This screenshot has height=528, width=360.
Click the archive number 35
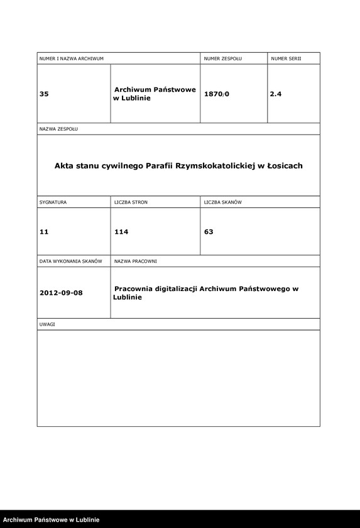pos(44,94)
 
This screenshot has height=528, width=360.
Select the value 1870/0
pos(217,94)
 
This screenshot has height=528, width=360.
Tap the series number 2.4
pos(276,94)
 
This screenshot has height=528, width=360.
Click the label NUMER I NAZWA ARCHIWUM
pos(71,58)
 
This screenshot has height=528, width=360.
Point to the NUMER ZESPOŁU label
pos(222,58)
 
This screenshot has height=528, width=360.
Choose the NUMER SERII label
pos(286,58)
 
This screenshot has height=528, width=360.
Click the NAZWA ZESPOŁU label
pos(58,129)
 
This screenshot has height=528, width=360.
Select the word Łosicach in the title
pos(285,166)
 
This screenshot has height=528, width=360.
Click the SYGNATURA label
pos(53,203)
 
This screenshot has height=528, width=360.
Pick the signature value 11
pos(44,232)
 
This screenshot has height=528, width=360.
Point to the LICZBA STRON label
pos(131,203)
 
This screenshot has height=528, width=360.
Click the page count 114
pos(121,232)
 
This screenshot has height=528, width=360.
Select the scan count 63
pos(209,232)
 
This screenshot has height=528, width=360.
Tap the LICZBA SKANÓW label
pos(222,203)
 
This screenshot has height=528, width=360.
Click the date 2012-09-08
pos(60,293)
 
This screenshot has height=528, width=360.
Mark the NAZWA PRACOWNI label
pos(135,260)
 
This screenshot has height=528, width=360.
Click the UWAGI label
pos(48,324)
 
